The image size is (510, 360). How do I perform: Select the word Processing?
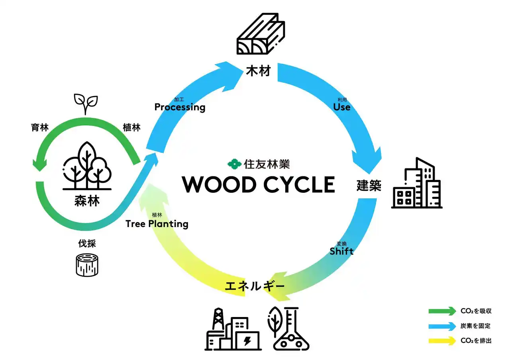[x=180, y=107]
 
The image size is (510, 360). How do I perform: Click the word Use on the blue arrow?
[x=341, y=107]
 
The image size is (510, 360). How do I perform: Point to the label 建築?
[x=369, y=186]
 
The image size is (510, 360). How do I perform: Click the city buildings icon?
[x=417, y=184]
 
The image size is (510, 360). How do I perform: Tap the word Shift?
[x=341, y=251]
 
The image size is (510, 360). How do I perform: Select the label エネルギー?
[x=255, y=286]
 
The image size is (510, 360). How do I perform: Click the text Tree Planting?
[x=157, y=224]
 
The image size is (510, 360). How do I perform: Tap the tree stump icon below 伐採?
[x=87, y=264]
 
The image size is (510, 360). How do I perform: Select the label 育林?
[x=40, y=127]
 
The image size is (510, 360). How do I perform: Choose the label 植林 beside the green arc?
[x=131, y=127]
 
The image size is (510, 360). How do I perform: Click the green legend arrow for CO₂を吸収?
[x=442, y=311]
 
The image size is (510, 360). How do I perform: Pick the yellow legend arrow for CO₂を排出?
[x=442, y=340]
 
